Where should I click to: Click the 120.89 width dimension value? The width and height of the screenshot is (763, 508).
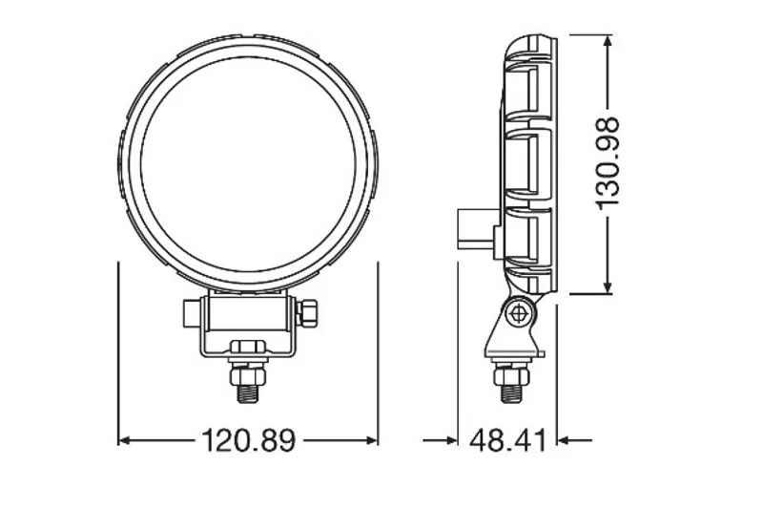[x=248, y=440]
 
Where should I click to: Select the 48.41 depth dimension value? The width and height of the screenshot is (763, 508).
[x=507, y=440]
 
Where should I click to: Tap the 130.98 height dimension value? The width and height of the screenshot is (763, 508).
[x=608, y=163]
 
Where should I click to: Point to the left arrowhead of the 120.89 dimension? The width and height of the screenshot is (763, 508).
[x=124, y=440]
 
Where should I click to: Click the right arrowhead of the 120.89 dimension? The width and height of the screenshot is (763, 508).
[x=372, y=440]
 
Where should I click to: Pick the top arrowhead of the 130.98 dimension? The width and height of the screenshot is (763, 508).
[x=608, y=41]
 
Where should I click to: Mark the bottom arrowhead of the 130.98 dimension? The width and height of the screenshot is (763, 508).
[x=608, y=287]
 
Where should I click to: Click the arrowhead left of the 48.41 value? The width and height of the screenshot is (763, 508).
[x=452, y=440]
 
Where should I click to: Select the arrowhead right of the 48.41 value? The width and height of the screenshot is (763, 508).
[x=564, y=440]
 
